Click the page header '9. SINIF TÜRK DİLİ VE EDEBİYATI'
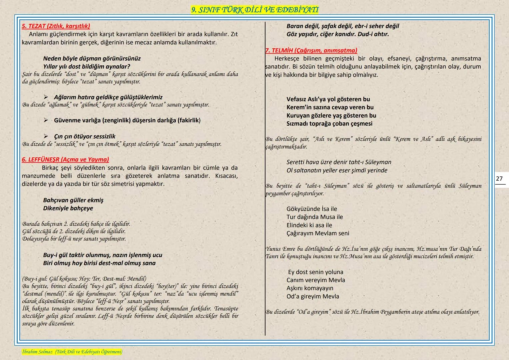click(x=255, y=10)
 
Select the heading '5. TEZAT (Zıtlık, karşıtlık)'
click(x=56, y=26)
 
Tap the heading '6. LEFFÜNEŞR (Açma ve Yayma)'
click(x=65, y=159)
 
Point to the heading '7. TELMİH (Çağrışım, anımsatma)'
click(x=311, y=50)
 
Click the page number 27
click(x=499, y=179)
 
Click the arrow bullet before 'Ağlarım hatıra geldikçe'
click(x=46, y=97)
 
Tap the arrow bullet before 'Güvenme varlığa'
click(x=46, y=120)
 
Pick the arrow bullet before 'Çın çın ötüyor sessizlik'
click(x=46, y=136)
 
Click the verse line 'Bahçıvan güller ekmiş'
click(x=73, y=200)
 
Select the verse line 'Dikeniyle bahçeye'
click(x=68, y=208)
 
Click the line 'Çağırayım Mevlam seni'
click(x=318, y=233)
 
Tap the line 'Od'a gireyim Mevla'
click(x=313, y=296)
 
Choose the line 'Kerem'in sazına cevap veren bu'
click(x=330, y=107)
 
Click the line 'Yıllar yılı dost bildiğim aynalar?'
click(x=87, y=66)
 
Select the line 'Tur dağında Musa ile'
click(x=315, y=217)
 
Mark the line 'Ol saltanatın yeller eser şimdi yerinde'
click(x=337, y=170)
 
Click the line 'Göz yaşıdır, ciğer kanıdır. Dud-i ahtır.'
click(x=338, y=34)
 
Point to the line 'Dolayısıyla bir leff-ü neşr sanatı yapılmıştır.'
click(x=74, y=239)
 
